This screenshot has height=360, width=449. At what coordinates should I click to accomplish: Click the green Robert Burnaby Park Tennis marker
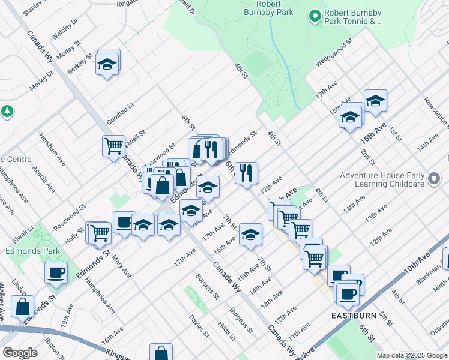(x=313, y=16)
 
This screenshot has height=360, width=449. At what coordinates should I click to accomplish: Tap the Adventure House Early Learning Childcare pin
(x=434, y=178)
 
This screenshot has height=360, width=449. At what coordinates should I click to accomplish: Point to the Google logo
(x=20, y=353)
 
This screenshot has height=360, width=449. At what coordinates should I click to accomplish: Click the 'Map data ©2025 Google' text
(x=412, y=355)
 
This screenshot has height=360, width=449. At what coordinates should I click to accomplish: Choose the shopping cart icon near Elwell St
(x=113, y=146)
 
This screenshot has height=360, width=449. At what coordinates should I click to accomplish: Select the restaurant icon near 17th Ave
(x=246, y=173)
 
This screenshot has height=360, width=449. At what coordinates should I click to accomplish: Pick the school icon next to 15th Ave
(x=250, y=234)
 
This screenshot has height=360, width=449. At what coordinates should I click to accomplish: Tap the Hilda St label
(x=226, y=331)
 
